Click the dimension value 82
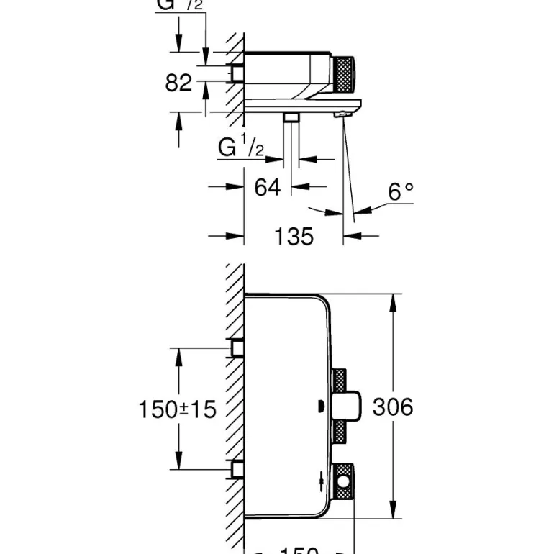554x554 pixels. [x=179, y=83]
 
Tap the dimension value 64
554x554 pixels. [x=268, y=187]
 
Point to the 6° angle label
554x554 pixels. [x=401, y=191]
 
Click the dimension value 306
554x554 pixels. [x=393, y=407]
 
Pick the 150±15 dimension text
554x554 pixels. [x=178, y=409]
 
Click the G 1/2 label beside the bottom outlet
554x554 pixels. [x=241, y=148]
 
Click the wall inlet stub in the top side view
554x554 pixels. [x=235, y=74]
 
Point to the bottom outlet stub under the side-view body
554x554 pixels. [x=291, y=118]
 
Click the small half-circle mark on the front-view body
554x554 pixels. [x=321, y=409]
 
